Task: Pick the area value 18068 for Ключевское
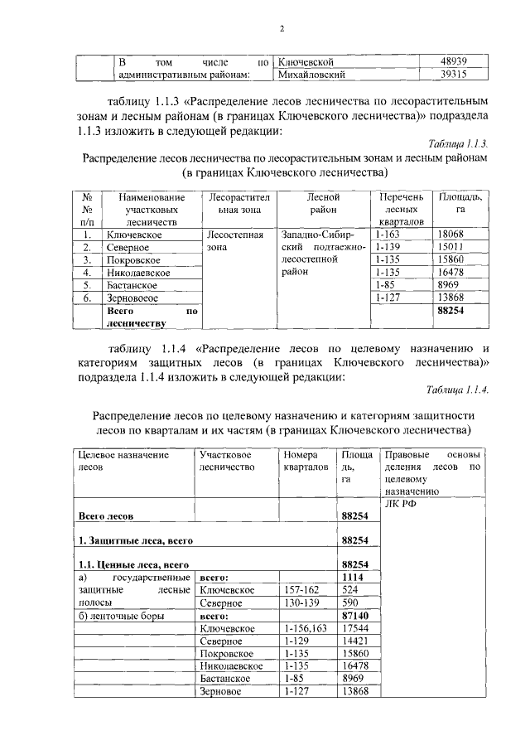[x=450, y=235]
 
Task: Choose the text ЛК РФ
[x=398, y=503]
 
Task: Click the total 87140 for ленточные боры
[x=356, y=617]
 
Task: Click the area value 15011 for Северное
[x=450, y=247]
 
